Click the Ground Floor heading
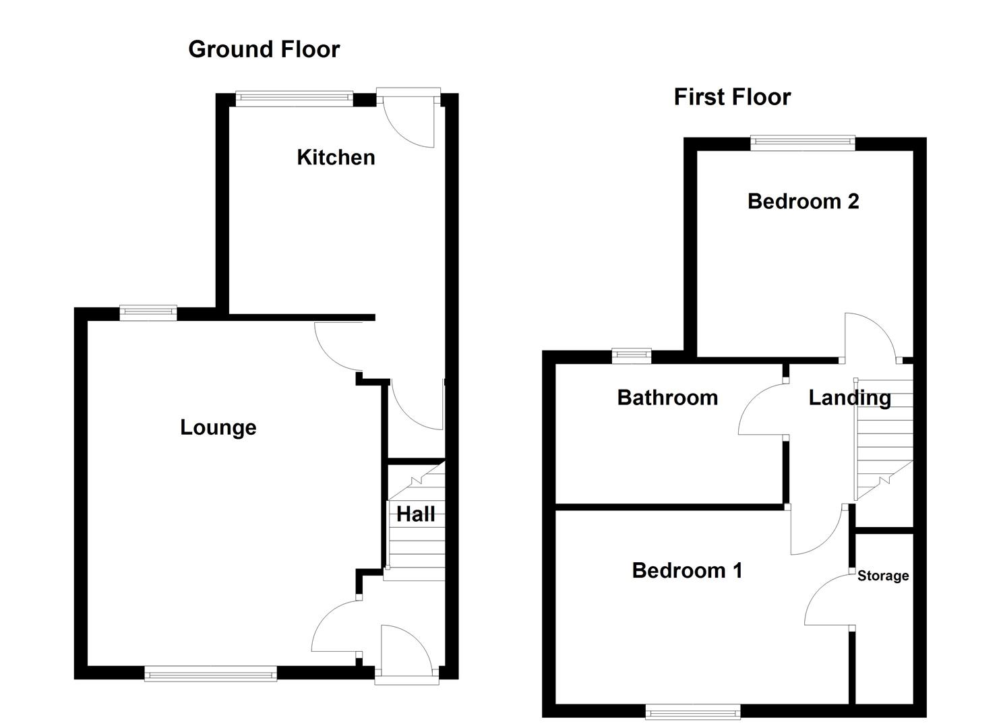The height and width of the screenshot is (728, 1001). click(264, 49)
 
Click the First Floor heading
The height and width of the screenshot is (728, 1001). click(732, 97)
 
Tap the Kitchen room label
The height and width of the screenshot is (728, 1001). click(336, 157)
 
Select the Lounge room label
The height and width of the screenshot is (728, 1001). click(218, 427)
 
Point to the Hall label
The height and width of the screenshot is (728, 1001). click(415, 514)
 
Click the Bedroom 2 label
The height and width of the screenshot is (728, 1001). click(803, 201)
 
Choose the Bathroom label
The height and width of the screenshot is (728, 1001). click(667, 398)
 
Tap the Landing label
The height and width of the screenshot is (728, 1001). click(849, 398)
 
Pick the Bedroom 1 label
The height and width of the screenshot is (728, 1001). click(687, 570)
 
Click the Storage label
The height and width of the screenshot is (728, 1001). click(882, 576)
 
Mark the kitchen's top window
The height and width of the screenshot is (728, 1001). click(294, 99)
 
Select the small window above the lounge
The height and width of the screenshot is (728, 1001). click(148, 312)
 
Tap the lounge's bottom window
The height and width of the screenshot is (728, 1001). click(210, 673)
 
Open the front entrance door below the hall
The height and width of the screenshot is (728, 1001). click(406, 651)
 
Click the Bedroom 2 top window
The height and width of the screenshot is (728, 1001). click(802, 142)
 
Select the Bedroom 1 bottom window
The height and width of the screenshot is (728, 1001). click(692, 711)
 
